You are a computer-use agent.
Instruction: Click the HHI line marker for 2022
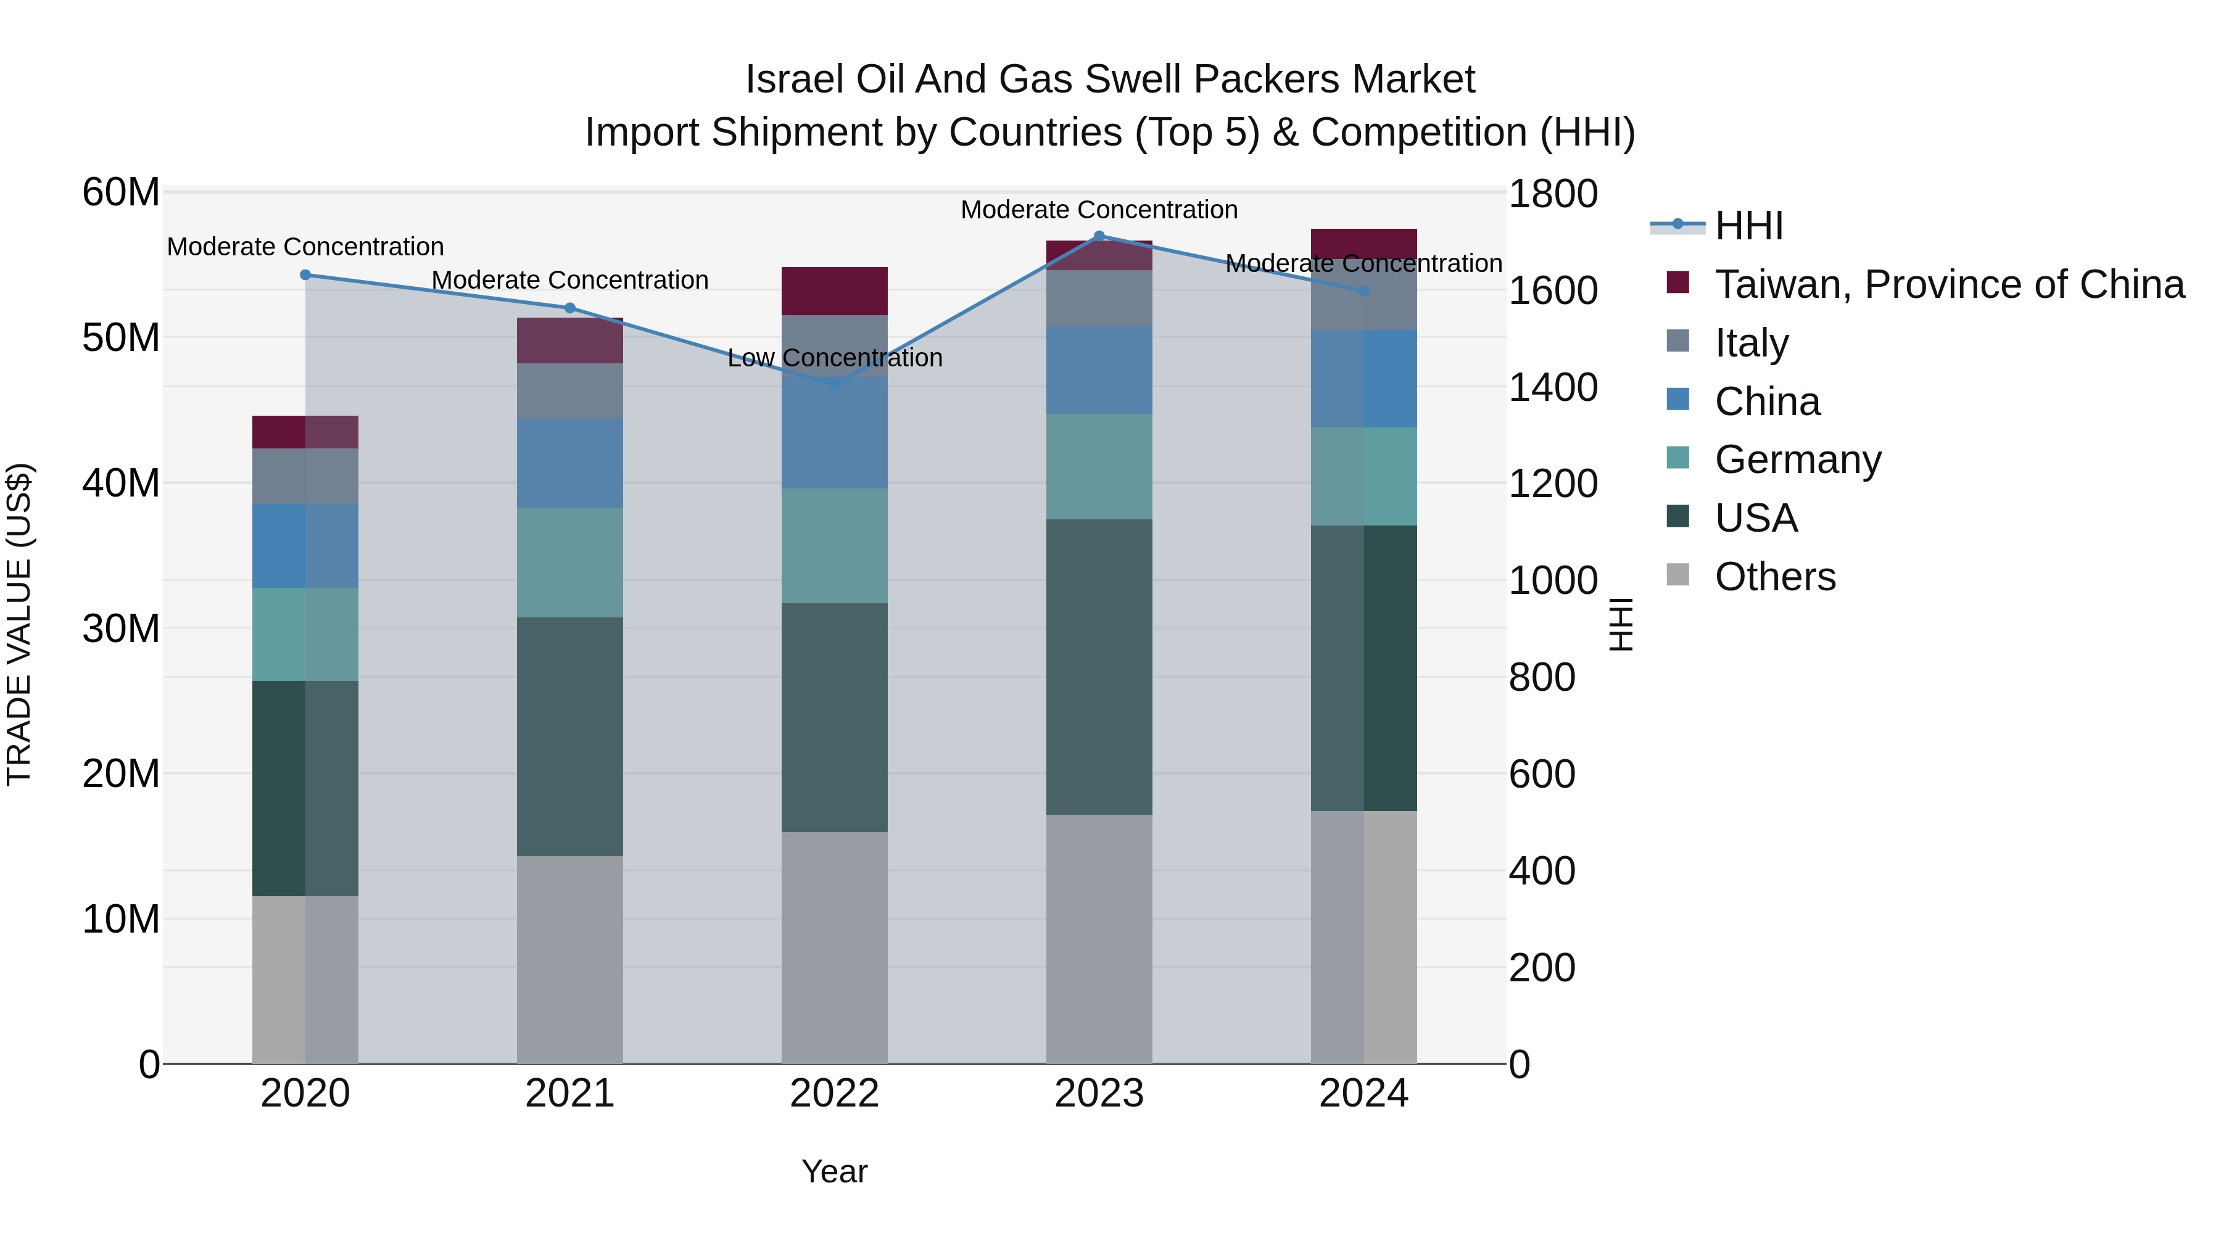point(833,384)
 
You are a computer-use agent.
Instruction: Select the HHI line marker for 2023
point(1098,236)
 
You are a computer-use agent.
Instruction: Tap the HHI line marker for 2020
point(305,275)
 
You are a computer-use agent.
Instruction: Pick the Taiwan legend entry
point(1948,284)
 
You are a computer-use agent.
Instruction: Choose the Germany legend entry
point(1798,460)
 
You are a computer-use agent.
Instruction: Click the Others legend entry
point(1774,577)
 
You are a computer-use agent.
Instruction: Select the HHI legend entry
point(1748,226)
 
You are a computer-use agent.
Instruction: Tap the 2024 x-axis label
point(1363,1094)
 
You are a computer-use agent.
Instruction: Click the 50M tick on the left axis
point(121,338)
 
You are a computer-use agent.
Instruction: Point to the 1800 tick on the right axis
point(1552,194)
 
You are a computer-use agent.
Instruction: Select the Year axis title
point(833,1171)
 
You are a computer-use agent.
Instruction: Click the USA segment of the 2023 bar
point(1098,666)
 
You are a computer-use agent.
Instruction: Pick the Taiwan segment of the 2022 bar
point(833,291)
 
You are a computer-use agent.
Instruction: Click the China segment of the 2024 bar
point(1363,379)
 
